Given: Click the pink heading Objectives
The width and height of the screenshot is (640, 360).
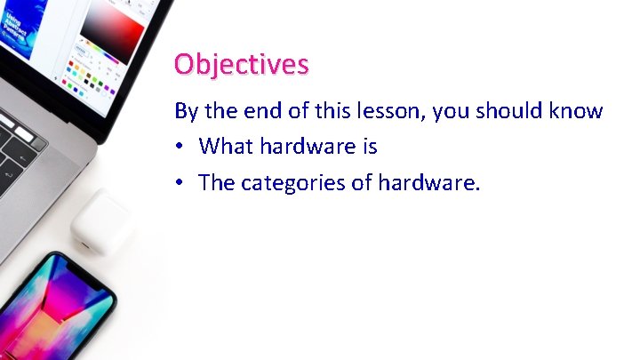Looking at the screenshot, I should (242, 65).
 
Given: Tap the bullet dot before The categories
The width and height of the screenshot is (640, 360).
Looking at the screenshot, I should (180, 183).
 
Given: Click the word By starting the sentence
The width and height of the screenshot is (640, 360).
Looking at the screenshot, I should (186, 111).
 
